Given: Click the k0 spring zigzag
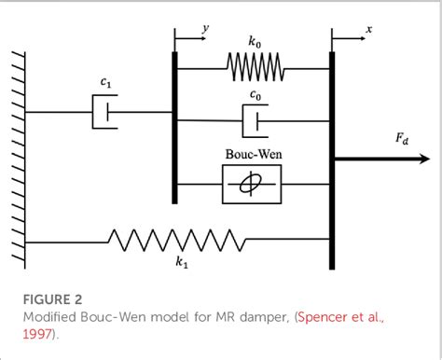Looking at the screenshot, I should coord(253,68).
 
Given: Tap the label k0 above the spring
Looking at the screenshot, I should coord(255,43).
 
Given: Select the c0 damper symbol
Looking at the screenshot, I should coord(253,120).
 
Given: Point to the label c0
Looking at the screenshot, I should coord(255,96).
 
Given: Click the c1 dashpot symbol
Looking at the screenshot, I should coord(104,114).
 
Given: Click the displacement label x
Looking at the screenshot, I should coord(369,30).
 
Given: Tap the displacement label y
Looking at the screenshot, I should coord(206,29).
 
